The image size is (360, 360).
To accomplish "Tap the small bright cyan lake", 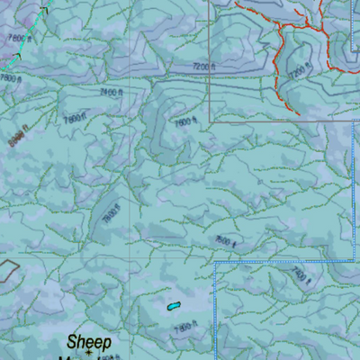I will pyautogui.click(x=173, y=306).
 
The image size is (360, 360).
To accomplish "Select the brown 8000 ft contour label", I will pyautogui.click(x=15, y=138).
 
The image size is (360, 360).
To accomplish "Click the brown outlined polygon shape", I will pyautogui.click(x=8, y=270).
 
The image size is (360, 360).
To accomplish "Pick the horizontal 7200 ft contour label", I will pyautogui.click(x=206, y=67).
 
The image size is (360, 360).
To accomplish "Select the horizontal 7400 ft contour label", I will pyautogui.click(x=111, y=92).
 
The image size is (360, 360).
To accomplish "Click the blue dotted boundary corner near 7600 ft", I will pyautogui.click(x=216, y=263).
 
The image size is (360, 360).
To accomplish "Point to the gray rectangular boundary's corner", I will pyautogui.click(x=211, y=120).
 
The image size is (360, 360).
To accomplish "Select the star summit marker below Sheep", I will pyautogui.click(x=87, y=354).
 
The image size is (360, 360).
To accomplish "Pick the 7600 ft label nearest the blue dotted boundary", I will pyautogui.click(x=224, y=240).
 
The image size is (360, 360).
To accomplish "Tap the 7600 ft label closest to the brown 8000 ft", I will pyautogui.click(x=75, y=116).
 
